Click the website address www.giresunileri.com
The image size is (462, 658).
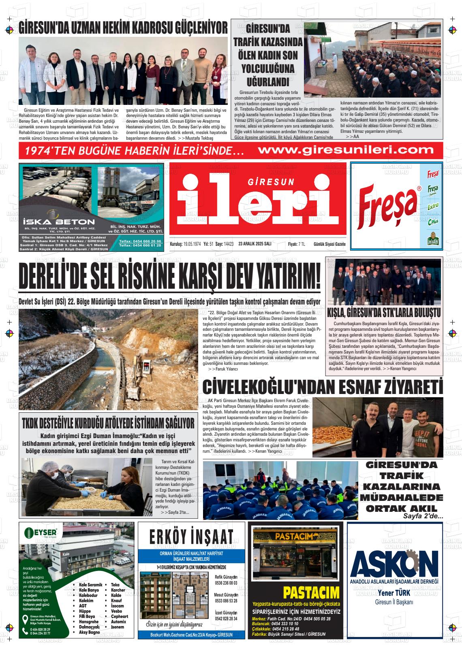(345, 151)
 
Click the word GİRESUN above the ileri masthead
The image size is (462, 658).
(271, 183)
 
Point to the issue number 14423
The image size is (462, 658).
(229, 244)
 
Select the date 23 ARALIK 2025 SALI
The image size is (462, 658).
(255, 244)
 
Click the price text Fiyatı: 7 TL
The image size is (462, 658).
(296, 244)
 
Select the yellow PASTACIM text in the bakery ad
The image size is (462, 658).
(311, 593)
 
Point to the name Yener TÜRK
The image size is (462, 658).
(394, 593)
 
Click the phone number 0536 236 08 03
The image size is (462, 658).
(226, 583)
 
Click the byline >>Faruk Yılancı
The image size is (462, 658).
(223, 369)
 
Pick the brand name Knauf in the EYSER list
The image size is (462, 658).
(117, 601)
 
